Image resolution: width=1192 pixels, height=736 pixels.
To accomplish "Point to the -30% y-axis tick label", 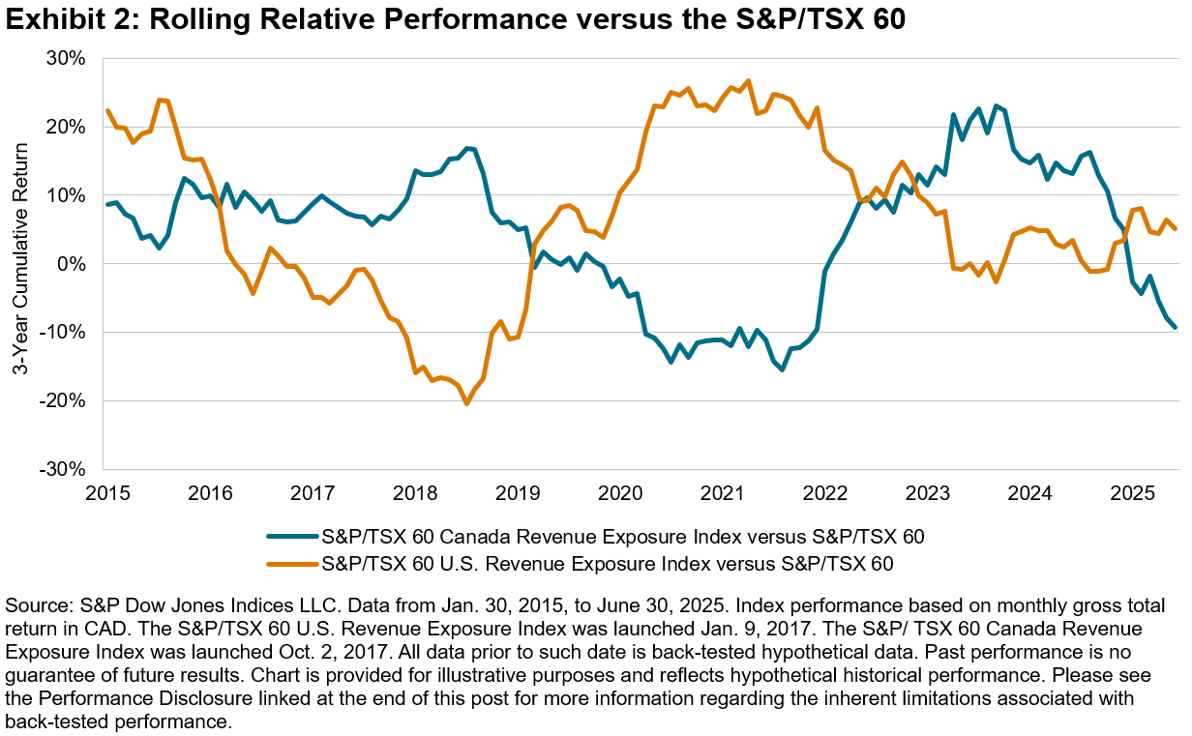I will click(x=65, y=469).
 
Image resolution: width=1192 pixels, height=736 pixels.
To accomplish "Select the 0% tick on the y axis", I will click(x=73, y=264).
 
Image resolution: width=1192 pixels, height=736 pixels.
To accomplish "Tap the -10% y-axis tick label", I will click(x=65, y=333).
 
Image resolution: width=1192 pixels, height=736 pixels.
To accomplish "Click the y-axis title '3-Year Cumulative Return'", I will click(x=18, y=263).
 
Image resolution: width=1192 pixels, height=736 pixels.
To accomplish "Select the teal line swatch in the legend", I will click(x=291, y=535).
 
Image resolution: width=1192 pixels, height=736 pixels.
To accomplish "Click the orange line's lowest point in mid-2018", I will click(x=466, y=403).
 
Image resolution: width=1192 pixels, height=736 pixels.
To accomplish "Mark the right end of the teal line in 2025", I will click(x=1175, y=328).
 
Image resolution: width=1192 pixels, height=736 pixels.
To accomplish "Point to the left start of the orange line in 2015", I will click(x=107, y=110).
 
